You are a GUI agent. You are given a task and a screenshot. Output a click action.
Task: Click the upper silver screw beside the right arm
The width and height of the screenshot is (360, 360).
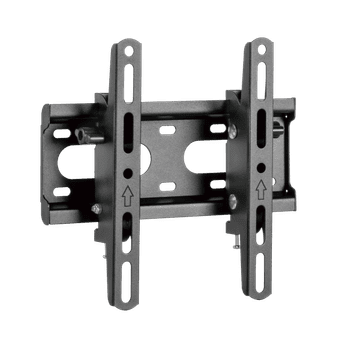point(233,129)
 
